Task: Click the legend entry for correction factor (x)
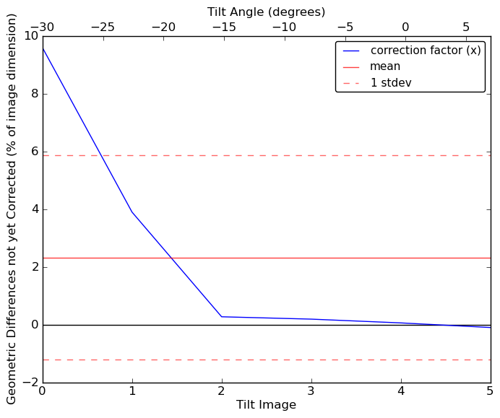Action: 425,51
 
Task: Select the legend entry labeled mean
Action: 385,66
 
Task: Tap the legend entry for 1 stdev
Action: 391,83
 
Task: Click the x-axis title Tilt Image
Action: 266,405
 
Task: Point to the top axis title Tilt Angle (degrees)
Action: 266,12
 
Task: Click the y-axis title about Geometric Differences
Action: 12,209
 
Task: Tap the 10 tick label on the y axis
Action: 30,36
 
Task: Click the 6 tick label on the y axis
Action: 33,152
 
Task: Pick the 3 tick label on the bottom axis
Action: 311,391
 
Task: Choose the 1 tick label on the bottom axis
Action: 132,391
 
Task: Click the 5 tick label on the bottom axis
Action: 489,391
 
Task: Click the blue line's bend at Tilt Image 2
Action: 221,316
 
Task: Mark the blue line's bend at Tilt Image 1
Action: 132,212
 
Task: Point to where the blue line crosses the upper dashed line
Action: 100,155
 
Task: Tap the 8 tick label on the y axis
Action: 33,94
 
